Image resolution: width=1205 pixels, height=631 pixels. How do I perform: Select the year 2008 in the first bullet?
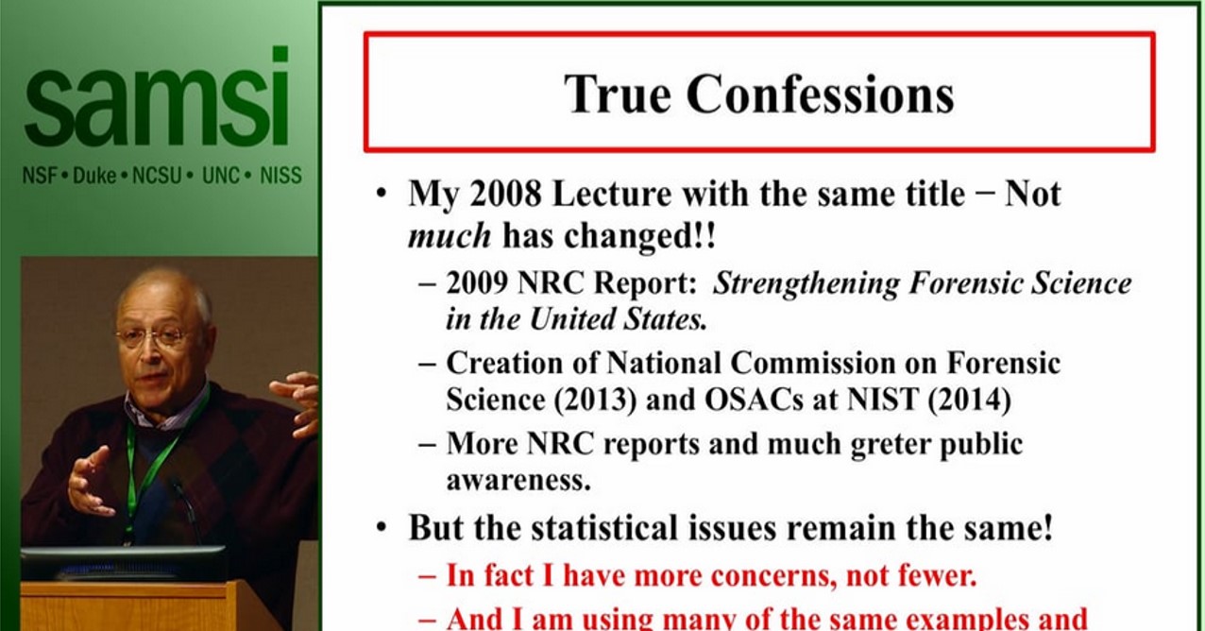tap(499, 195)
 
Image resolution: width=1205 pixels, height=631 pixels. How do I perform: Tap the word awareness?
tap(518, 480)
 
